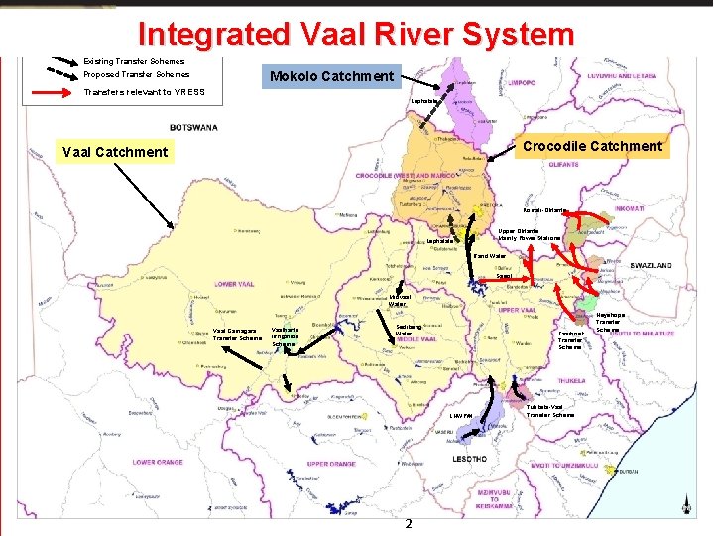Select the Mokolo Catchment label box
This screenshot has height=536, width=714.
tap(331, 76)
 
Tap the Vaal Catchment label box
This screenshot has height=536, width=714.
tap(115, 152)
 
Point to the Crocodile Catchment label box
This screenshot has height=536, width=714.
tap(591, 146)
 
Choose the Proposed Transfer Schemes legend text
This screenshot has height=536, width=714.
tap(137, 74)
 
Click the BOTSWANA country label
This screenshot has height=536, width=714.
tap(194, 127)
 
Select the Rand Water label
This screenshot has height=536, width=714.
tap(490, 256)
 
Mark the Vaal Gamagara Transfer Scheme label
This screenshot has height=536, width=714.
tap(235, 335)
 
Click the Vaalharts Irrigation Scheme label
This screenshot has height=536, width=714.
tap(286, 336)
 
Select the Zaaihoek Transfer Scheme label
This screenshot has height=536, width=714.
tap(570, 340)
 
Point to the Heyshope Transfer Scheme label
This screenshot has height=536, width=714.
tap(608, 322)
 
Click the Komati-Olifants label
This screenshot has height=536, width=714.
tap(544, 210)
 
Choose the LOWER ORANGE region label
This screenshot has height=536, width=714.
tap(158, 462)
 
